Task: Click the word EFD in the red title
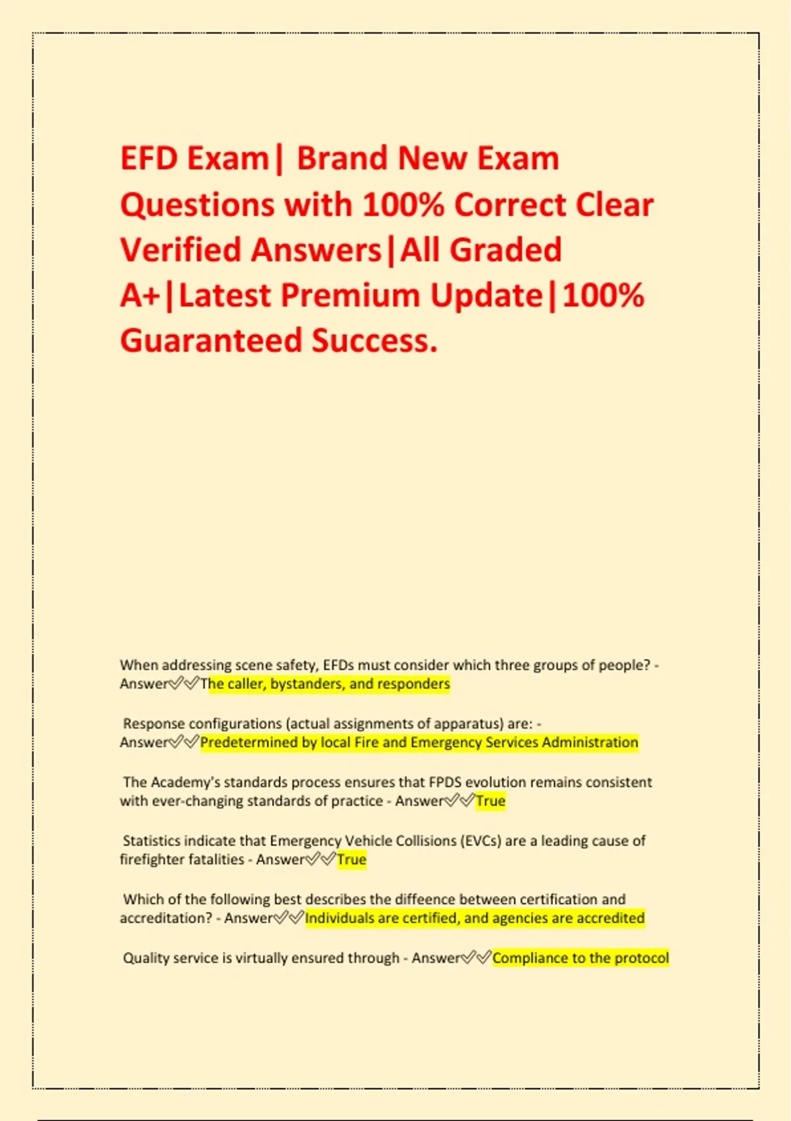click(149, 159)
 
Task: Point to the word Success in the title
click(374, 341)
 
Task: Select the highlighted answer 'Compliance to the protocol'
click(580, 958)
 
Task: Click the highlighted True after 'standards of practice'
click(490, 801)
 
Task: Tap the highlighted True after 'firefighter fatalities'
click(351, 860)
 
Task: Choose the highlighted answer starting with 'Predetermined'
click(419, 742)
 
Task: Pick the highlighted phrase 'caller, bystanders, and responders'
click(330, 684)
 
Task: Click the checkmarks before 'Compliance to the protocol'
click(476, 958)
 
